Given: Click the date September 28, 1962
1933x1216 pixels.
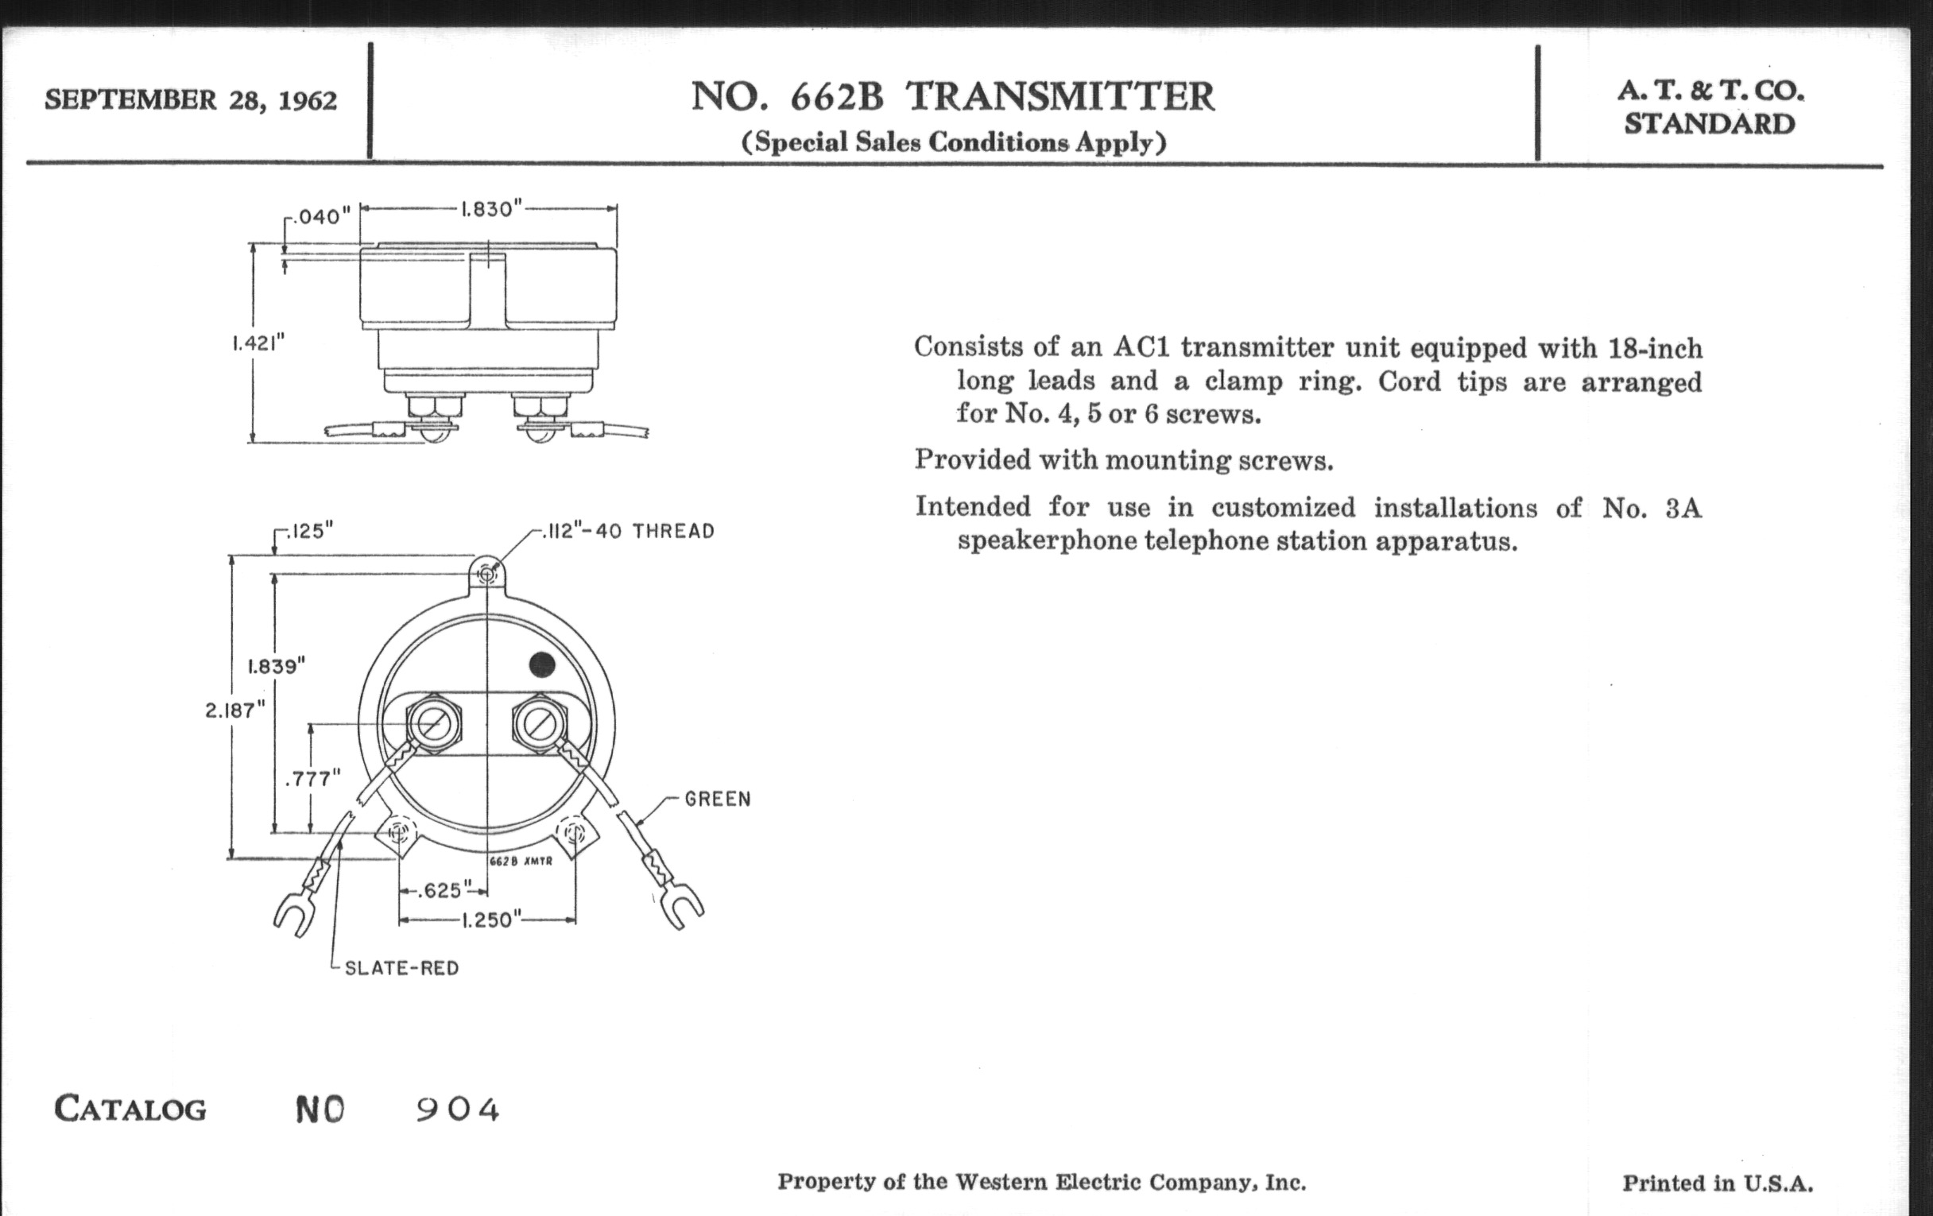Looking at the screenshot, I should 190,100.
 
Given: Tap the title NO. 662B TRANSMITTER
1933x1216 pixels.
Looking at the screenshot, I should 953,97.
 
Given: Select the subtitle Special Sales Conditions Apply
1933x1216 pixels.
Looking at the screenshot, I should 953,142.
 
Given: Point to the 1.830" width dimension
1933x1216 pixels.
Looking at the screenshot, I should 490,209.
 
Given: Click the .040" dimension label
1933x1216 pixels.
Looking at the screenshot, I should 321,217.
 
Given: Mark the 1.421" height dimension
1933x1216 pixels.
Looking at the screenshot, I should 258,343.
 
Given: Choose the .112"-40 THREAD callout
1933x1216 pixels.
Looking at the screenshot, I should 629,532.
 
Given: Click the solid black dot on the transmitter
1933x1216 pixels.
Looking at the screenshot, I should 542,664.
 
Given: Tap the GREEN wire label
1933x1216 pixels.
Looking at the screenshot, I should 718,799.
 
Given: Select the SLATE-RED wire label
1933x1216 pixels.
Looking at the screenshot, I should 401,968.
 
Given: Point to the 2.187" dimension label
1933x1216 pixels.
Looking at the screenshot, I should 234,711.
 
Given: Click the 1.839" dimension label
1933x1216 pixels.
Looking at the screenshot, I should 276,666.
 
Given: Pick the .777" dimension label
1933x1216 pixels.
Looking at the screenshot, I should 312,778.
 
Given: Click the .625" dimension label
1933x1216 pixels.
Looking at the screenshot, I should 441,890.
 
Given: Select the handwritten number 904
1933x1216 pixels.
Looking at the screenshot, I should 458,1110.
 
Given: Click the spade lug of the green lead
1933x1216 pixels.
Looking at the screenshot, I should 681,907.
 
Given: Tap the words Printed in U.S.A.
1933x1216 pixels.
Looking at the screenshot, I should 1717,1183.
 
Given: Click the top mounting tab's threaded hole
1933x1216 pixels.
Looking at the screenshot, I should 487,574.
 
